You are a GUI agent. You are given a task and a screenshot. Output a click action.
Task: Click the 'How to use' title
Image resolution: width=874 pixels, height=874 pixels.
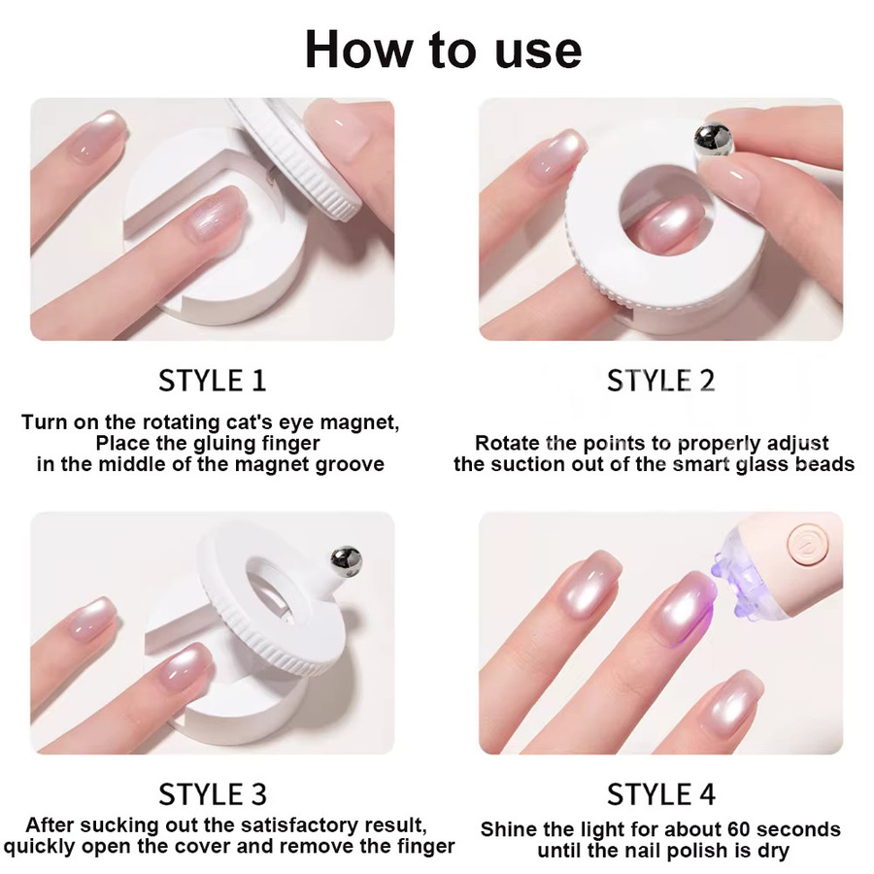point(443,50)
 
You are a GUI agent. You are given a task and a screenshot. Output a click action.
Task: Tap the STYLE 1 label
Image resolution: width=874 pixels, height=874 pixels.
point(213,382)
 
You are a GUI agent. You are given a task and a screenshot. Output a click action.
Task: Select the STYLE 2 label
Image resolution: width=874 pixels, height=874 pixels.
point(660,382)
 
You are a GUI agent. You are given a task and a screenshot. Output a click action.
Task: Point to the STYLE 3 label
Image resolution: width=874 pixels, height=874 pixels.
point(213,794)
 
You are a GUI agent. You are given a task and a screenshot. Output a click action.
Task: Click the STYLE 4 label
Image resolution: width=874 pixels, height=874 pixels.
point(660,794)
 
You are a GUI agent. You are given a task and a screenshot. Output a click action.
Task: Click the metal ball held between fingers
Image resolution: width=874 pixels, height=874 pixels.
point(713,141)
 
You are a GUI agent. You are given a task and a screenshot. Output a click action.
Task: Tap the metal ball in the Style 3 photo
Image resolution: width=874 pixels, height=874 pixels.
point(346,561)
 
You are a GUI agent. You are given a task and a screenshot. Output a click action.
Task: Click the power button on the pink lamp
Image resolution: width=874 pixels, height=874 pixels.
point(805,542)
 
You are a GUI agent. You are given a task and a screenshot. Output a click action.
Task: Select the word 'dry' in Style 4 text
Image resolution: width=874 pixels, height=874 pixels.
point(775,851)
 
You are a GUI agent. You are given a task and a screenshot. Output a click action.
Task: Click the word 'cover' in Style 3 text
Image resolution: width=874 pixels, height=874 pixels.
point(248,846)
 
